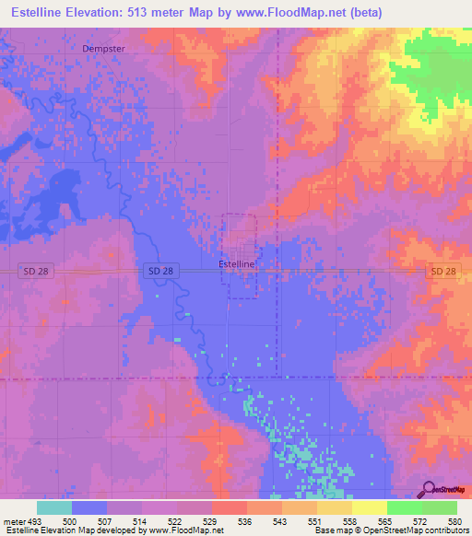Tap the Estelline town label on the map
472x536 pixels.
(x=236, y=263)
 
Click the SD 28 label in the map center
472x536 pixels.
(x=160, y=271)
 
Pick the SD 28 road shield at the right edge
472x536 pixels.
(x=442, y=271)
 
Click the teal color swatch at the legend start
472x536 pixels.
(x=53, y=507)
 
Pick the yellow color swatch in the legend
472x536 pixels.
(x=369, y=507)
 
